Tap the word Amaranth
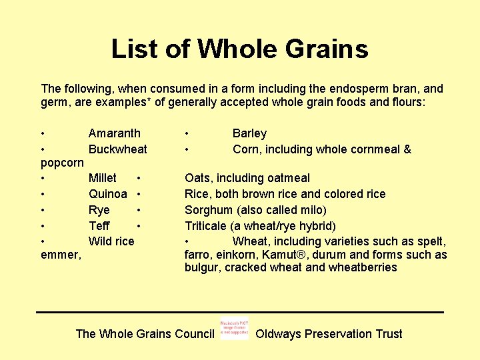[x=114, y=133]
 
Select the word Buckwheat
[x=117, y=149]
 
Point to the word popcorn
[x=62, y=163]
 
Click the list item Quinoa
[x=107, y=194]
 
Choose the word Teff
[x=99, y=226]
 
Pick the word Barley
[x=249, y=133]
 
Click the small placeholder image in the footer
[x=234, y=329]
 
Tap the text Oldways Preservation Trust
[x=329, y=334]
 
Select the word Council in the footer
[x=193, y=334]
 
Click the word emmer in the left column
[x=60, y=255]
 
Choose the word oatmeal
[x=289, y=178]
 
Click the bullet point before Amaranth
[x=43, y=134]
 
